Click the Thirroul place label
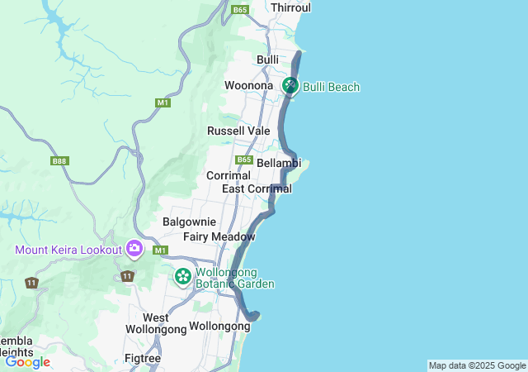coord(291,7)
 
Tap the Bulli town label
coord(267,60)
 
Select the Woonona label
coord(248,85)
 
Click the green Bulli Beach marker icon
coord(290,85)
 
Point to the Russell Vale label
coord(238,131)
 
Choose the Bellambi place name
coord(279,163)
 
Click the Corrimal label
coord(228,176)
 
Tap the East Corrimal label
coord(257,189)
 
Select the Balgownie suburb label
coord(189,222)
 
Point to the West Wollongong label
coord(156,323)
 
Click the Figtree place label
coord(142,358)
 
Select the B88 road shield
coord(59,161)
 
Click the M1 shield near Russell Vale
coord(162,103)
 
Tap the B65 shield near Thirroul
coord(240,10)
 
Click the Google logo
coord(27,361)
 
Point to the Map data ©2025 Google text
coord(477,365)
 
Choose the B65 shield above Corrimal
coord(243,160)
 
